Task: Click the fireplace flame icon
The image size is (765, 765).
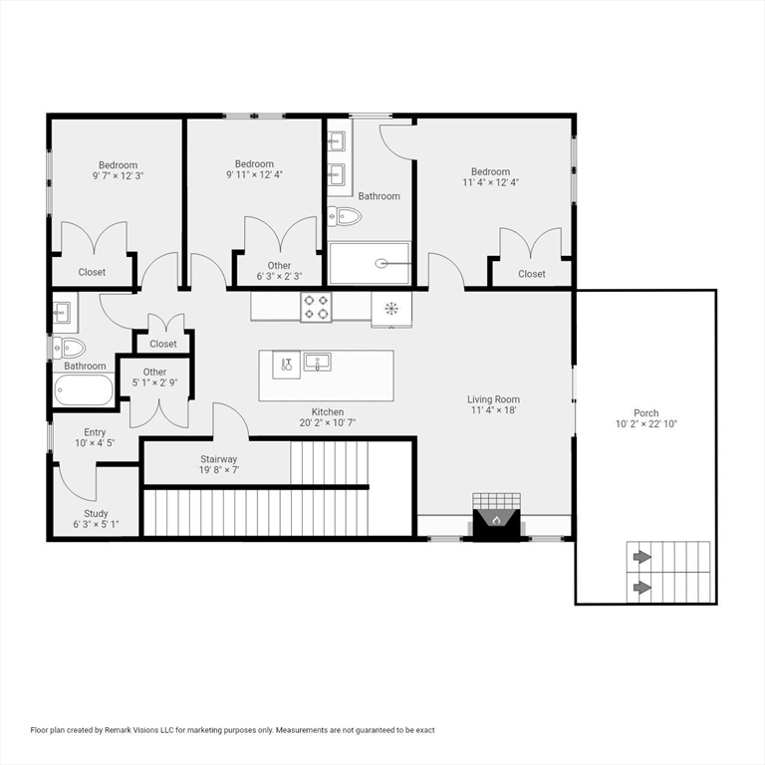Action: tap(496, 520)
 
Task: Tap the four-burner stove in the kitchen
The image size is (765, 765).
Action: tap(316, 307)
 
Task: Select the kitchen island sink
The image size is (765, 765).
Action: tap(317, 362)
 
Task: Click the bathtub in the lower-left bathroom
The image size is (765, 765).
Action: tap(84, 389)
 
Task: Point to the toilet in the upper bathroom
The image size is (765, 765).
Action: tap(345, 215)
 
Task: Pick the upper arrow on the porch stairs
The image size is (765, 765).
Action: tap(642, 557)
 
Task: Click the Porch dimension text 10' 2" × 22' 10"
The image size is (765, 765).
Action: tap(645, 424)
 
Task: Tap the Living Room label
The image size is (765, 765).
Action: tap(493, 399)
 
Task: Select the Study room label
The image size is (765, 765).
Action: tap(96, 514)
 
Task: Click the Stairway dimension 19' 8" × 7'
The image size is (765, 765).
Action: tap(218, 470)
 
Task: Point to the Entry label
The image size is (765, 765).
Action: tap(95, 432)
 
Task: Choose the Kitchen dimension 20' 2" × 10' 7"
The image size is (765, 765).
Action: tap(328, 422)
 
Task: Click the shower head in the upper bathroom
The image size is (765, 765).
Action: tap(382, 263)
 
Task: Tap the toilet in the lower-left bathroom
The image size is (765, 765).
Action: tap(69, 348)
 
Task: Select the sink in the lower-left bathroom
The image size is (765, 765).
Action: tap(63, 311)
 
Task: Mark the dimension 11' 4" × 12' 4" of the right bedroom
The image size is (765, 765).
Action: tap(490, 182)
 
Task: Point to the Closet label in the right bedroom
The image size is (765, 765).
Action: tap(531, 274)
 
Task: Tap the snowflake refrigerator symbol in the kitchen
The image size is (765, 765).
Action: tap(391, 309)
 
